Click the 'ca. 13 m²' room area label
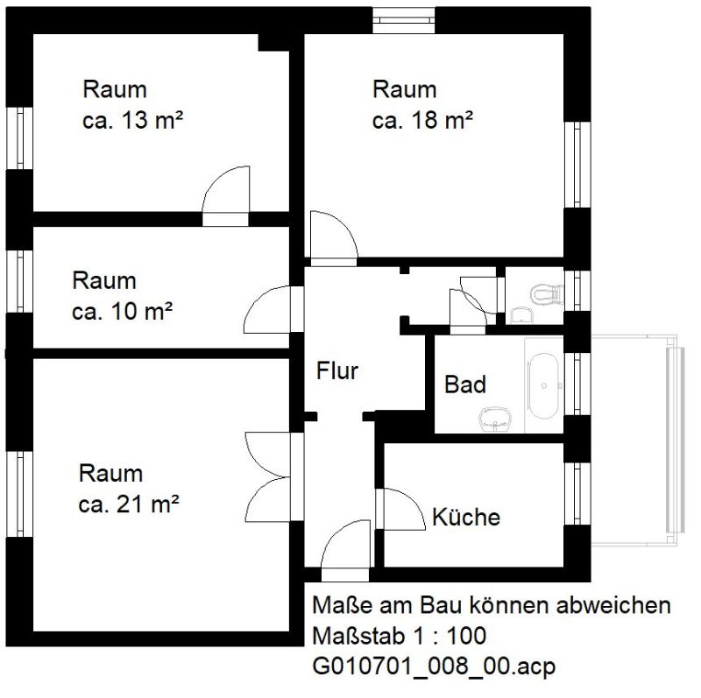[133, 120]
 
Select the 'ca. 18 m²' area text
[422, 120]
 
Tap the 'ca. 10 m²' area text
[122, 312]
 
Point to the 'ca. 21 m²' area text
[129, 504]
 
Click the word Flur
[337, 371]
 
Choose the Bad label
[465, 384]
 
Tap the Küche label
[466, 517]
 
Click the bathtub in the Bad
[543, 385]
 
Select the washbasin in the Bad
[495, 420]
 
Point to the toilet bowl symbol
[546, 293]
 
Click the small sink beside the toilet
[521, 314]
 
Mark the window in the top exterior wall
[404, 20]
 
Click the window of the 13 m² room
[19, 138]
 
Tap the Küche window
[577, 493]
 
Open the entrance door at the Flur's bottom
[345, 551]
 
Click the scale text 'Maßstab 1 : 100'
[399, 636]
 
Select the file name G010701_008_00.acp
[434, 666]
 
